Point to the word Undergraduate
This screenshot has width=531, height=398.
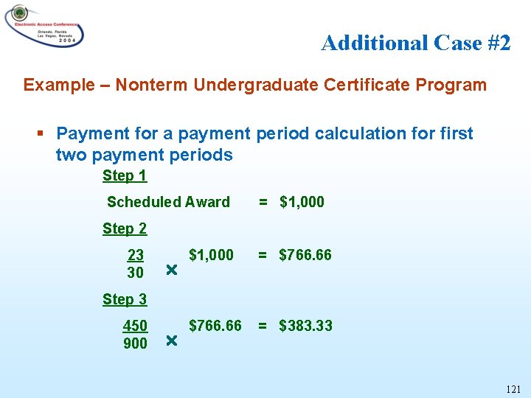pyautogui.click(x=255, y=85)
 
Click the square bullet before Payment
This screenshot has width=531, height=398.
pyautogui.click(x=41, y=134)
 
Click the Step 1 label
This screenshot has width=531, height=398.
pyautogui.click(x=125, y=175)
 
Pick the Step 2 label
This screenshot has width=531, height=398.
pyautogui.click(x=125, y=228)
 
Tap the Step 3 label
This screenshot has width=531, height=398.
pyautogui.click(x=125, y=299)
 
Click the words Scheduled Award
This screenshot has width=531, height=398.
pyautogui.click(x=168, y=202)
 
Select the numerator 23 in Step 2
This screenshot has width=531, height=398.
pyautogui.click(x=136, y=255)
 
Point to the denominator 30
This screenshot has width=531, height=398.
pyautogui.click(x=136, y=273)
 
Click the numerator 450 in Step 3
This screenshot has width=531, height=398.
pyautogui.click(x=136, y=326)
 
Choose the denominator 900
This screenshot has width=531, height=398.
pyautogui.click(x=136, y=343)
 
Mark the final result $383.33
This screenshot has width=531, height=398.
pyautogui.click(x=305, y=326)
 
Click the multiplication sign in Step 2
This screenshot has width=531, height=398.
pyautogui.click(x=171, y=271)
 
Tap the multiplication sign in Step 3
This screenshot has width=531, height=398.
pyautogui.click(x=171, y=342)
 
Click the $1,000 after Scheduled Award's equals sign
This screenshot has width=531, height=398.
pyautogui.click(x=302, y=202)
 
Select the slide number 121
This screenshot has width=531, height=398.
pyautogui.click(x=513, y=388)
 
